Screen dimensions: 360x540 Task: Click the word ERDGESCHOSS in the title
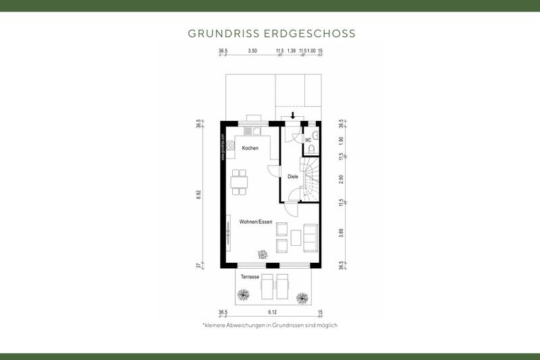[316, 33]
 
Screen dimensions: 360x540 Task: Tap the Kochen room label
[250, 148]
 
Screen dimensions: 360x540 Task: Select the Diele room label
[293, 177]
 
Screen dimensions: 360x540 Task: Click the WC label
[308, 140]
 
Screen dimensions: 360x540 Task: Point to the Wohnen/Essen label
[255, 222]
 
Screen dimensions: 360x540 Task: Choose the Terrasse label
[250, 277]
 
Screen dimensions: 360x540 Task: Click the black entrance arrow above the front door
[292, 115]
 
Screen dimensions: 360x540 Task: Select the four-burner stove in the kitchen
[230, 145]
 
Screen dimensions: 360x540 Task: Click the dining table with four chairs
[240, 181]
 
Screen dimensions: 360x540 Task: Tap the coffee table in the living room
[296, 236]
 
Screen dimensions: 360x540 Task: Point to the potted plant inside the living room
[261, 255]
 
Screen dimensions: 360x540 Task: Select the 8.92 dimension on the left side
[198, 194]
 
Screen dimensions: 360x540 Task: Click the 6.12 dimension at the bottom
[273, 312]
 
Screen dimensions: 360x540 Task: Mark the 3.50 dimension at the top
[252, 51]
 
